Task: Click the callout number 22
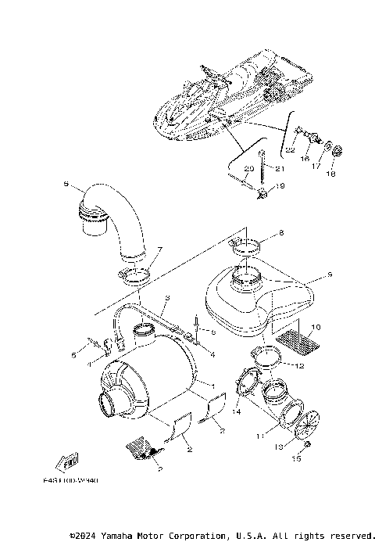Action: (289, 149)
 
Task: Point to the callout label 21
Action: (280, 168)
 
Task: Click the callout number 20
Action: (249, 168)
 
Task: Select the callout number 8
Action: (282, 233)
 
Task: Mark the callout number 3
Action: (166, 298)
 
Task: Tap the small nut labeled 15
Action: (307, 445)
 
